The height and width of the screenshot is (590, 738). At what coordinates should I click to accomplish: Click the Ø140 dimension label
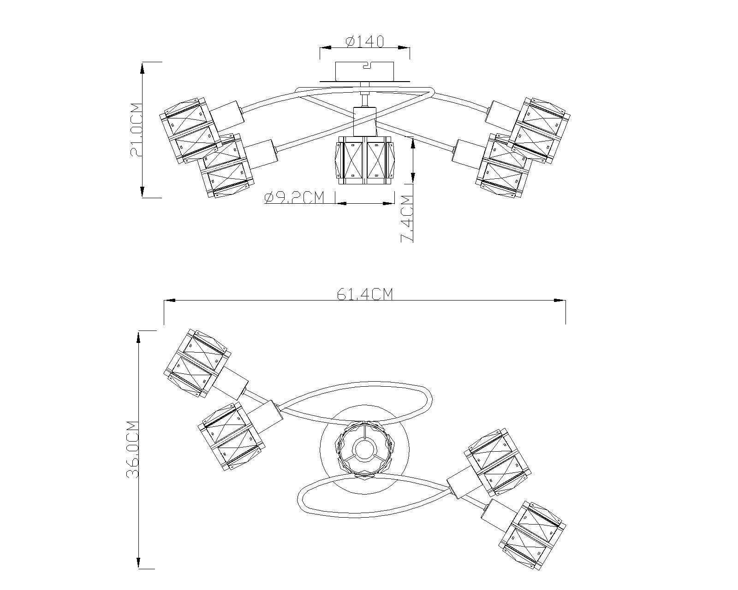click(364, 41)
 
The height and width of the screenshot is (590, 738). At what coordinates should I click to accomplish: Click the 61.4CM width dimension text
click(364, 294)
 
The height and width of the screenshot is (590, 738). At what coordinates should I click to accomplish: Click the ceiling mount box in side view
click(364, 71)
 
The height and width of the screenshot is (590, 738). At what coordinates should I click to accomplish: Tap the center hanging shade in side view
click(364, 160)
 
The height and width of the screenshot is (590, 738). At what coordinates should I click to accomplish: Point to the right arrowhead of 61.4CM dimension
click(561, 301)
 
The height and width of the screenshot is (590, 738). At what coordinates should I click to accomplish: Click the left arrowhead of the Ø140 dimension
click(325, 47)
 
